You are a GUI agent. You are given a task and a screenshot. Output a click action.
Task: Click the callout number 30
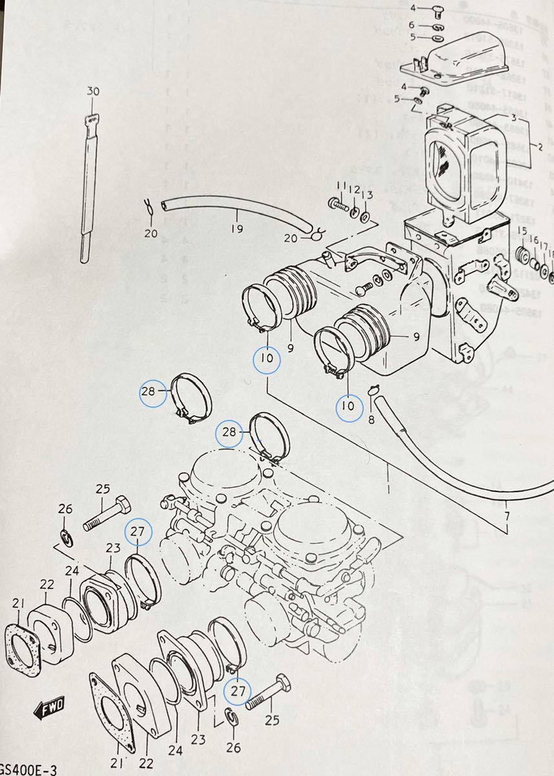93,92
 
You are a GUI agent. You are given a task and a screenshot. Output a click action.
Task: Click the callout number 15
522,232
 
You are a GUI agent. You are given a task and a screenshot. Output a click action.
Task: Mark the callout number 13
367,196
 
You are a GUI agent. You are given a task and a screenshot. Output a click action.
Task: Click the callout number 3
514,117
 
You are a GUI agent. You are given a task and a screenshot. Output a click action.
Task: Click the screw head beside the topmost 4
436,11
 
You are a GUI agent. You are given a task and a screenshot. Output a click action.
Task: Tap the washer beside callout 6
436,27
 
